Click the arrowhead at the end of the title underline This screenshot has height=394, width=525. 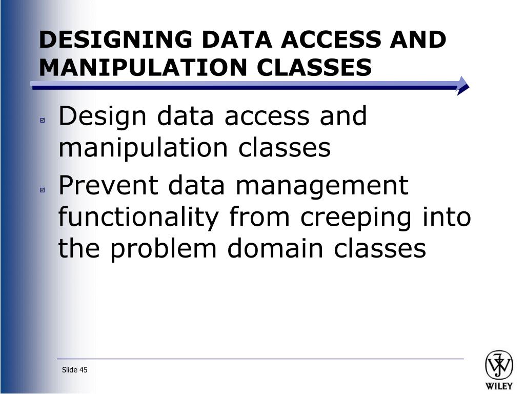point(463,86)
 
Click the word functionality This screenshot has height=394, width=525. point(138,218)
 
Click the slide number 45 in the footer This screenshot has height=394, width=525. point(84,370)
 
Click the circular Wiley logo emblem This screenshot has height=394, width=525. point(499,365)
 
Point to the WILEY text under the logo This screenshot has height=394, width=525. point(499,386)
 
